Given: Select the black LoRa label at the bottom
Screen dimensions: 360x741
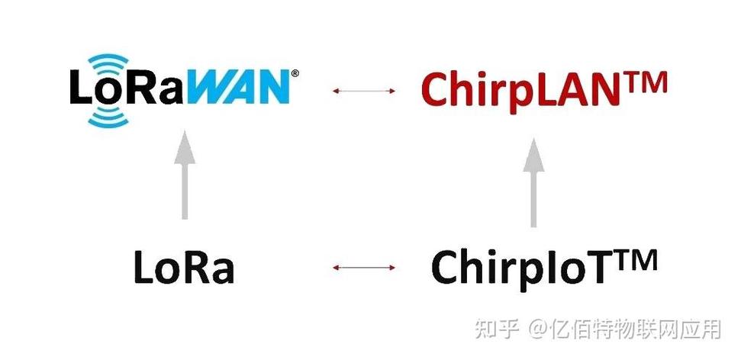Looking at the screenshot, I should [183, 267].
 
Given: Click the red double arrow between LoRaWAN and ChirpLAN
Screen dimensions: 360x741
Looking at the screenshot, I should [364, 91].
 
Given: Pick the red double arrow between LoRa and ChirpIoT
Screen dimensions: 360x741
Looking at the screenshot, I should [364, 268].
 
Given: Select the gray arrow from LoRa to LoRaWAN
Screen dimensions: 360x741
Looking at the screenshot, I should [184, 175].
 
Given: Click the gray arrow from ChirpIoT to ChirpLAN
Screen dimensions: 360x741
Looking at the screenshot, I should [533, 183].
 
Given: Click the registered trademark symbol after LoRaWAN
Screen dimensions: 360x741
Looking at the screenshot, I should [295, 73].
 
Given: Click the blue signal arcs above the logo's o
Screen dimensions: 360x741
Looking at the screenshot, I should [108, 63].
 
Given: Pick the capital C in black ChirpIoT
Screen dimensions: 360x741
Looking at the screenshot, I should [447, 268].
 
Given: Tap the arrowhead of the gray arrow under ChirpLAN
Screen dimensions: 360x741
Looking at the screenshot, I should [533, 153].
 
